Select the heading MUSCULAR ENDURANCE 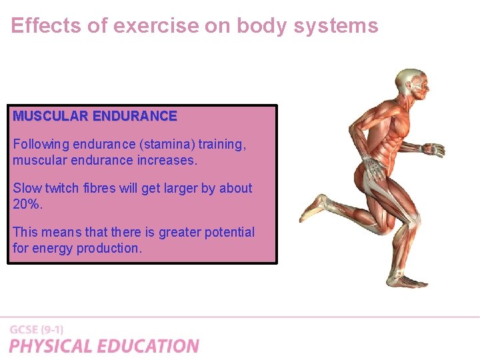(x=95, y=116)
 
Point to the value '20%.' (x=27, y=204)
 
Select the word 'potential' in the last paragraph (x=227, y=232)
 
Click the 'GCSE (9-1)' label (x=37, y=329)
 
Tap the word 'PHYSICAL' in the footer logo (x=51, y=346)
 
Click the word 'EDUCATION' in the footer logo (x=148, y=346)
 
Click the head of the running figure (x=409, y=84)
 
